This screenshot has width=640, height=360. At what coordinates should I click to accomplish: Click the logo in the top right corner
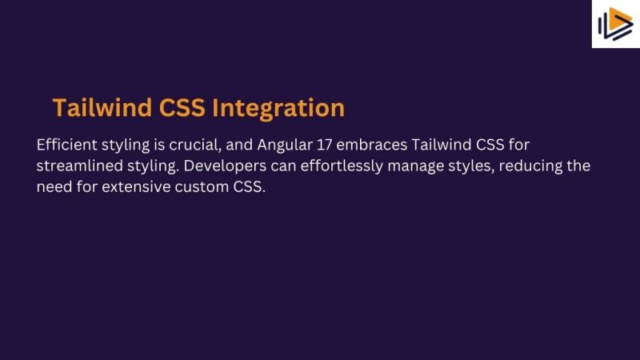pos(615,24)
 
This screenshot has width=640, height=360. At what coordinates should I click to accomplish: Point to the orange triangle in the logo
pos(620,24)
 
